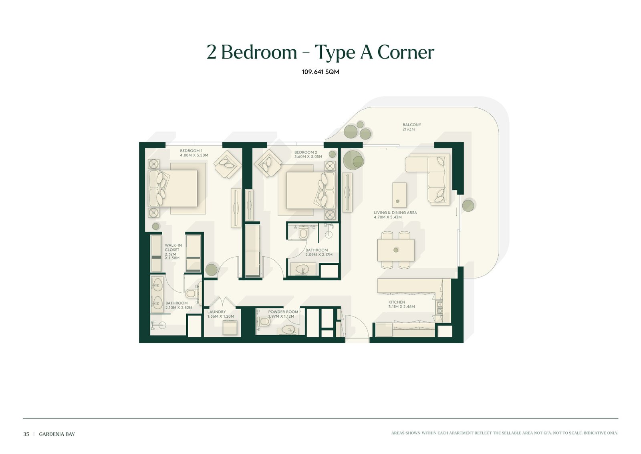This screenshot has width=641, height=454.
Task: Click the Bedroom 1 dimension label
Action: click(x=194, y=155)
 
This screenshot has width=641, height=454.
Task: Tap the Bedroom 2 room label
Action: click(x=306, y=152)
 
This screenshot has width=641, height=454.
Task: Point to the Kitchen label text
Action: click(x=397, y=302)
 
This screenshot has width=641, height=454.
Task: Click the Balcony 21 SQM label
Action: click(x=411, y=127)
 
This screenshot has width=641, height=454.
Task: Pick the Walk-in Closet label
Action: click(x=173, y=252)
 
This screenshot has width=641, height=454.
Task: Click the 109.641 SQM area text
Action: click(x=320, y=72)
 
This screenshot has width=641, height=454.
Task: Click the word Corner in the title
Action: click(x=406, y=53)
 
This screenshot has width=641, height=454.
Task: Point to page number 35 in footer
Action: click(x=26, y=434)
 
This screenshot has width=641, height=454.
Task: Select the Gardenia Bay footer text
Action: click(x=56, y=434)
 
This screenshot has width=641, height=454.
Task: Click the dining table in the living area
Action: click(x=396, y=250)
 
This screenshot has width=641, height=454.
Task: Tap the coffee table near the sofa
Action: click(x=399, y=195)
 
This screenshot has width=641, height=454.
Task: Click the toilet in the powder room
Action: click(x=264, y=321)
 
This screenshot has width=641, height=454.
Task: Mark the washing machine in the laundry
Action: click(x=230, y=328)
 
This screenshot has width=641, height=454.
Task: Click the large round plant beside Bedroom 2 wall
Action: click(x=353, y=160)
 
